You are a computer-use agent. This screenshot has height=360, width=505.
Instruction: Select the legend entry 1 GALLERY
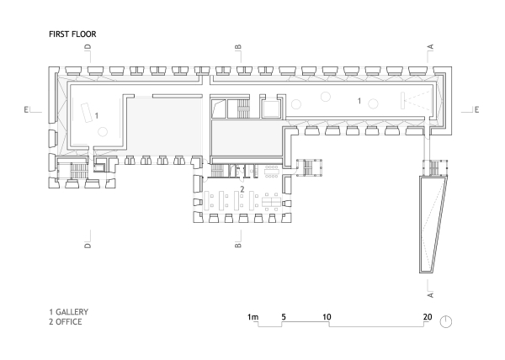[69, 311]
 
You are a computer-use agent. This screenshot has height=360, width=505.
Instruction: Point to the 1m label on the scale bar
[252, 317]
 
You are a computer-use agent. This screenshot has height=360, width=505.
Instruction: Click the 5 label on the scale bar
[284, 317]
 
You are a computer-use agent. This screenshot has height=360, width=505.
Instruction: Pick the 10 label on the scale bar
[328, 317]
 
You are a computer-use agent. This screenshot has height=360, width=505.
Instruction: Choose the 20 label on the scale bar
[428, 317]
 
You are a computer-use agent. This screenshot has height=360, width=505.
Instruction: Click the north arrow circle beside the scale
[446, 320]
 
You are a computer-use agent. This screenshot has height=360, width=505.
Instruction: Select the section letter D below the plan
[87, 246]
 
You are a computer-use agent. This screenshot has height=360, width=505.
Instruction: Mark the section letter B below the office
[238, 246]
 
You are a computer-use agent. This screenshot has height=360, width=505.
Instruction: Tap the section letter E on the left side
[27, 109]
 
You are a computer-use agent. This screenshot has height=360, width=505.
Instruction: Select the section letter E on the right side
[476, 109]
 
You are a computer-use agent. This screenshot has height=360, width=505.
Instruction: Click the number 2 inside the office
[242, 189]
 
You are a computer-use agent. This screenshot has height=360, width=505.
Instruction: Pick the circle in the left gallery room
[102, 132]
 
